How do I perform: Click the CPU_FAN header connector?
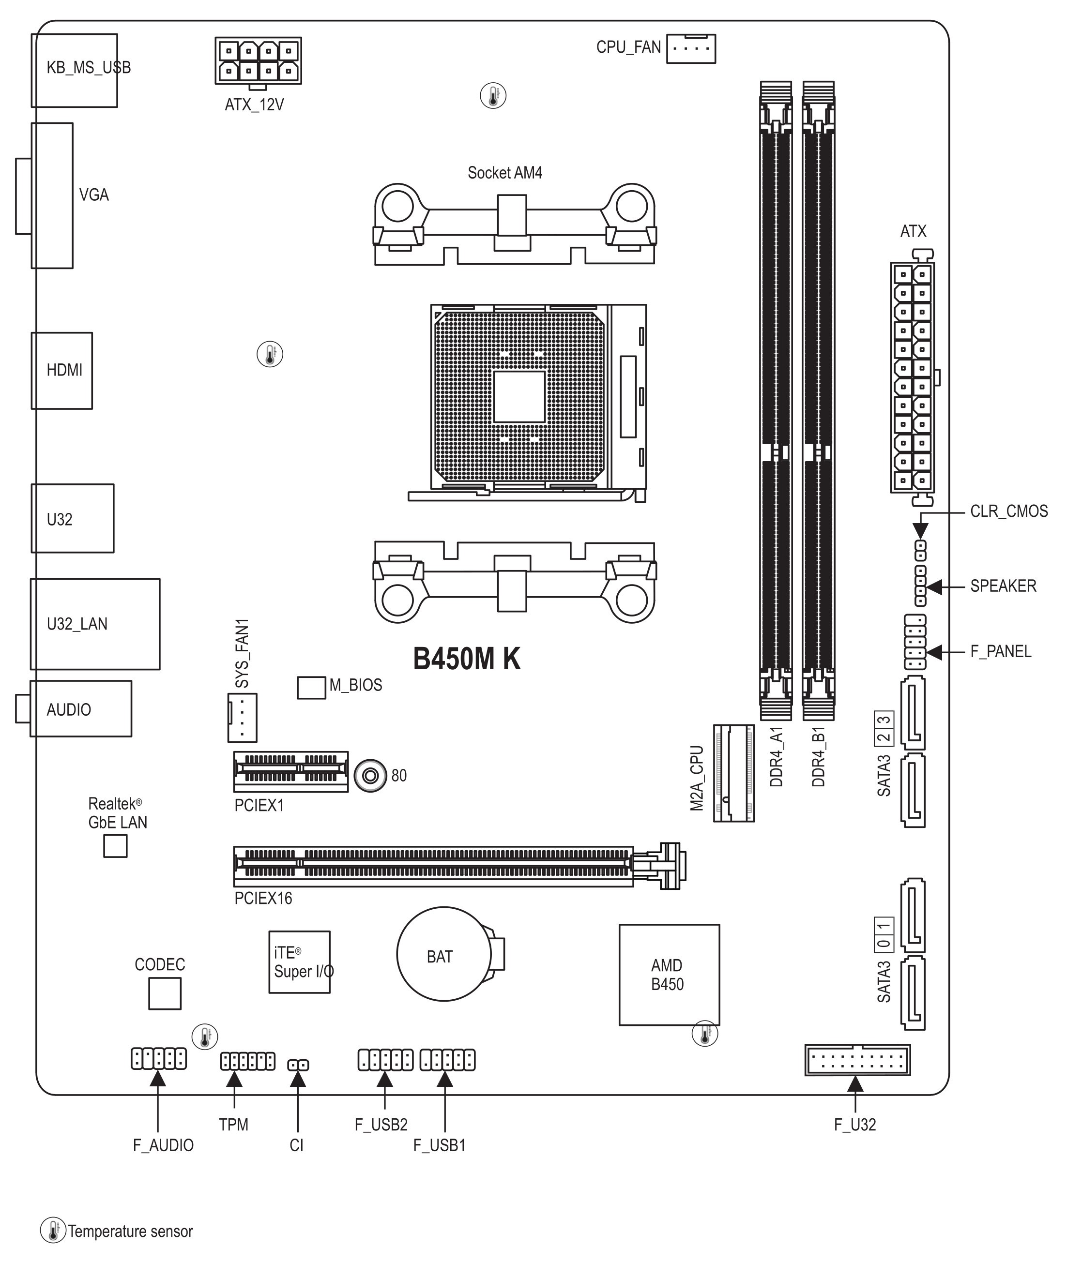pos(691,48)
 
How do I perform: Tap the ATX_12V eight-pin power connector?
pos(259,60)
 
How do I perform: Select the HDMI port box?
pos(61,371)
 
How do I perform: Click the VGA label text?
pos(94,195)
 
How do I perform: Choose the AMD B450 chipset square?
pos(669,975)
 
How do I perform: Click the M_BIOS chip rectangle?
pos(311,688)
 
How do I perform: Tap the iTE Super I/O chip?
pos(299,962)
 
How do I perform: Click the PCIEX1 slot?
pos(291,772)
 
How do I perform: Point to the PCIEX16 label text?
pos(263,899)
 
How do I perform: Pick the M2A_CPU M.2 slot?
pos(734,773)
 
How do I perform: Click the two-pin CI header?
pos(298,1066)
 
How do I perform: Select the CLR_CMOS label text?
pos(1009,511)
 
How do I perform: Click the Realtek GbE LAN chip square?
pos(116,846)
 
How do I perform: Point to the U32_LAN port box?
pos(95,624)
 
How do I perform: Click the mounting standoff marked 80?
pos(370,776)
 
